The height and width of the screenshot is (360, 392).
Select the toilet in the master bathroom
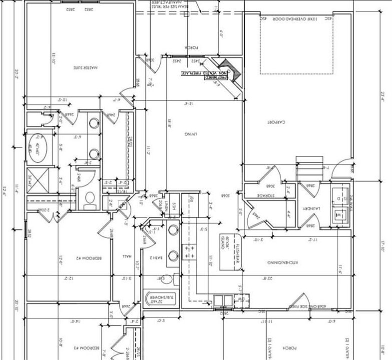coord(90,198)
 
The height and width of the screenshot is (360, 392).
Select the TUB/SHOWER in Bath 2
coord(160,299)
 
